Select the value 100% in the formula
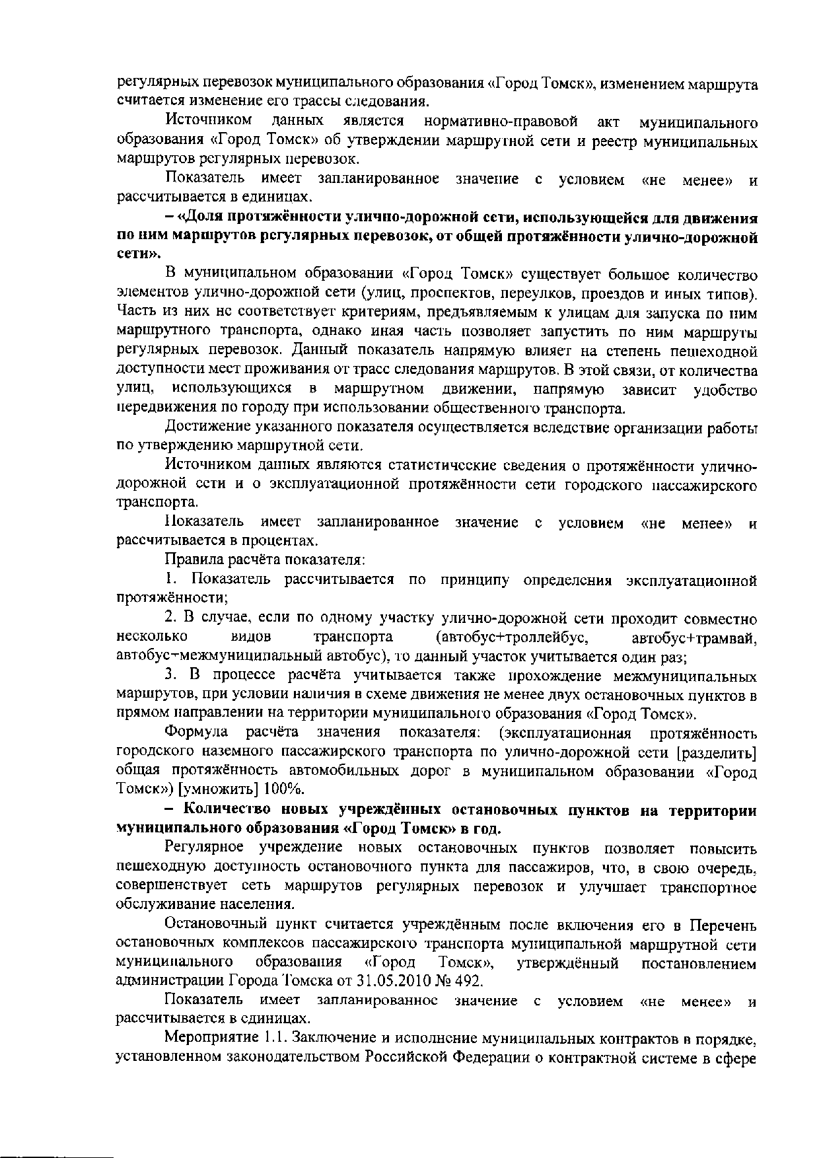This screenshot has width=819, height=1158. tap(284, 789)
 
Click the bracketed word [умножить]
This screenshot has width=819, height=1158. tap(225, 789)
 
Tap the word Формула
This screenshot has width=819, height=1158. tap(196, 733)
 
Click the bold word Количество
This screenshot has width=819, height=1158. tap(227, 810)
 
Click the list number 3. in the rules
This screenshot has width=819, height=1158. tap(171, 676)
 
